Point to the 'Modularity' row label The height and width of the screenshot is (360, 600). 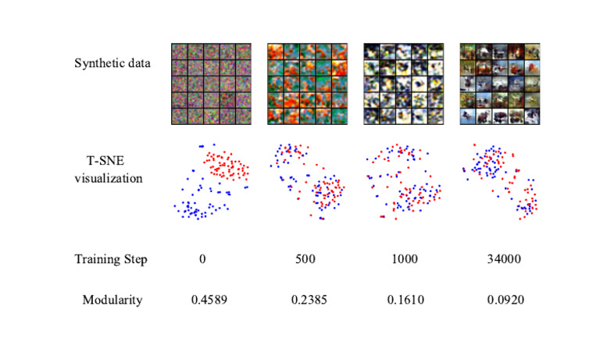pyautogui.click(x=112, y=300)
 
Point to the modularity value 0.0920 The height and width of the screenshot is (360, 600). pyautogui.click(x=501, y=300)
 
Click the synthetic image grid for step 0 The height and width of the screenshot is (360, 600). pyautogui.click(x=211, y=83)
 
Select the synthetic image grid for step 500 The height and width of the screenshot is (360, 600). pyautogui.click(x=307, y=83)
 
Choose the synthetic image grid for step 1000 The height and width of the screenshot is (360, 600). pyautogui.click(x=403, y=83)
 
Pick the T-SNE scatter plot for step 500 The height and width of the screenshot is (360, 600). pyautogui.click(x=307, y=182)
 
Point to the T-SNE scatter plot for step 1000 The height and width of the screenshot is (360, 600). pyautogui.click(x=403, y=182)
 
